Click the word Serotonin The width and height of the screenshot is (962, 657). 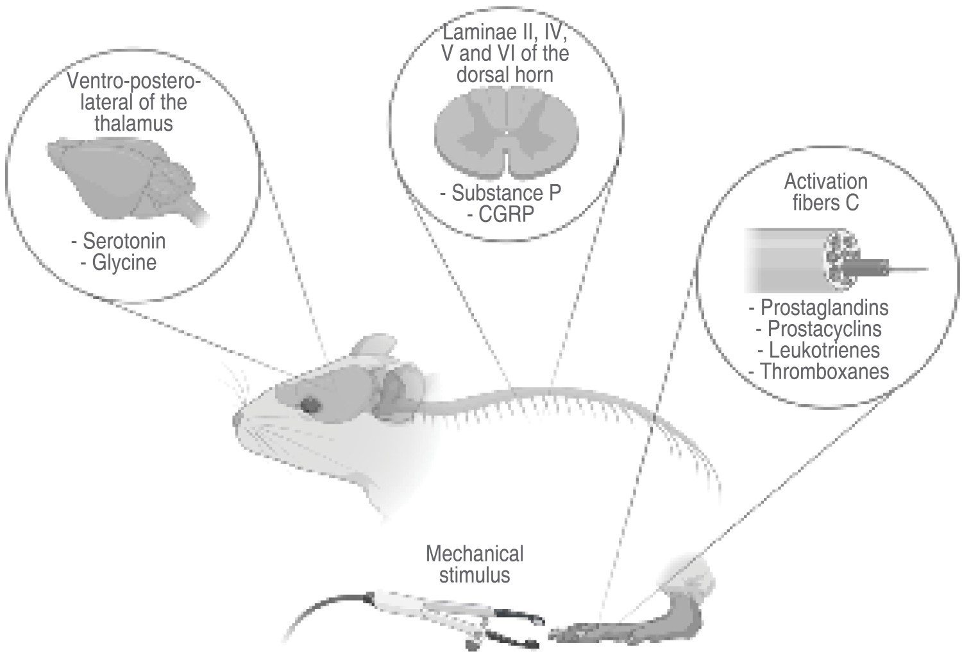coord(124,241)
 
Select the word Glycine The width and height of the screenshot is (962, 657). coord(124,263)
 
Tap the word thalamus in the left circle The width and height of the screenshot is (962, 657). coord(133,123)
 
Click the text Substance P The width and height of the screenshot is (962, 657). coord(506,193)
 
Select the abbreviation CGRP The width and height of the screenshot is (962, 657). coord(506,214)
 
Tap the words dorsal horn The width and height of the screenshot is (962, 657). coord(504,74)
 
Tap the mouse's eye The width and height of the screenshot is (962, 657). coord(312,404)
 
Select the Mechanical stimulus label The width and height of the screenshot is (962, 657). coord(475,563)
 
